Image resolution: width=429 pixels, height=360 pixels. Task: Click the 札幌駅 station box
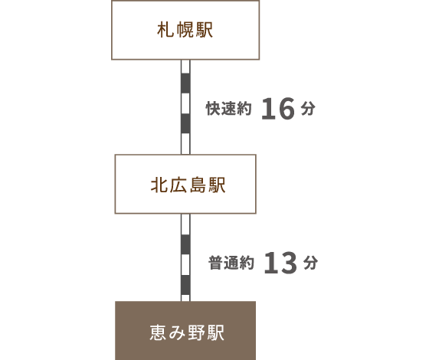pos(185,30)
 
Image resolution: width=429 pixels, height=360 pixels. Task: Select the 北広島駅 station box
pos(185,184)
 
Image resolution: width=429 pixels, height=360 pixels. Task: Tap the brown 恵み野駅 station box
pos(185,330)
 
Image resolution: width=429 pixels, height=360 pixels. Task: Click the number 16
pos(278,109)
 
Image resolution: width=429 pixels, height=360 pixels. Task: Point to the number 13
pos(280,263)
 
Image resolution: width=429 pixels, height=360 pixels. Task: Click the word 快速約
pos(229,109)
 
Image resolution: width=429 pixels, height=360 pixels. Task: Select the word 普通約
pos(231,263)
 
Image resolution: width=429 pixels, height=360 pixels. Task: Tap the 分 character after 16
pos(308,108)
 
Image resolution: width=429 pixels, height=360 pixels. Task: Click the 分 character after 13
pos(310,262)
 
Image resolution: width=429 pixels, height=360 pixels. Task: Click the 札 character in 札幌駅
pos(165,30)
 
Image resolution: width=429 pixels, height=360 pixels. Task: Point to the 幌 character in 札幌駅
pos(185,30)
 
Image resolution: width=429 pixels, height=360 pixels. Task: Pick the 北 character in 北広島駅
pos(159,185)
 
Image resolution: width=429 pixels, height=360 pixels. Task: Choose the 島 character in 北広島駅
pos(198,185)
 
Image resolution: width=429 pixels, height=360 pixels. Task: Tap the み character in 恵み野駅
pos(178,332)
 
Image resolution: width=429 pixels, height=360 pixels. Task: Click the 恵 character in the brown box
pos(158,332)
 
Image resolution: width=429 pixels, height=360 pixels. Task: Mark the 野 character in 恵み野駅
pos(196,332)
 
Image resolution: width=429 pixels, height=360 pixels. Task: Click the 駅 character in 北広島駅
pos(217,185)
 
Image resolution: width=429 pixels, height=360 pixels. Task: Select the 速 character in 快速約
pos(229,109)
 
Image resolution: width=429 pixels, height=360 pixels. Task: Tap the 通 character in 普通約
pos(231,263)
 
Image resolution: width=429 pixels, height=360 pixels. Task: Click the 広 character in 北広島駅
pos(178,185)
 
